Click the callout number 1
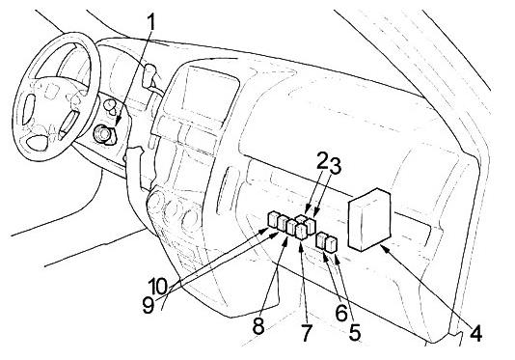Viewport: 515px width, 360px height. pyautogui.click(x=150, y=22)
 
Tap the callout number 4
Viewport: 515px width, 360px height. pyautogui.click(x=475, y=333)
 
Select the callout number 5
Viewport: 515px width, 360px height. pyautogui.click(x=355, y=332)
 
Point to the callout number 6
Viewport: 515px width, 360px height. pyautogui.click(x=341, y=313)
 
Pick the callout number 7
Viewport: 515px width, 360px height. pyautogui.click(x=306, y=333)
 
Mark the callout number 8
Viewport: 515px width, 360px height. pyautogui.click(x=258, y=326)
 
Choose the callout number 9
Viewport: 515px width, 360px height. pyautogui.click(x=149, y=305)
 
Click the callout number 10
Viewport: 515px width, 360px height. pyautogui.click(x=158, y=287)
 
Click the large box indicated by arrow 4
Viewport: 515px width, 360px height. pyautogui.click(x=369, y=220)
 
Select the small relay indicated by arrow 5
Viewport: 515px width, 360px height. pyautogui.click(x=331, y=245)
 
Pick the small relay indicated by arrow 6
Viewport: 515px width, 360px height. pyautogui.click(x=320, y=240)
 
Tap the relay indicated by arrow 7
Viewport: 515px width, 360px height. pyautogui.click(x=301, y=232)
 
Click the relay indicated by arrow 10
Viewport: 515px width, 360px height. pyautogui.click(x=274, y=220)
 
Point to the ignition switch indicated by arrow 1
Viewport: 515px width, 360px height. pyautogui.click(x=104, y=135)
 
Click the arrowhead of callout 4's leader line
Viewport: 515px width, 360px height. pyautogui.click(x=385, y=248)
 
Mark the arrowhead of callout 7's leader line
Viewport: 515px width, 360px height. pyautogui.click(x=301, y=245)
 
